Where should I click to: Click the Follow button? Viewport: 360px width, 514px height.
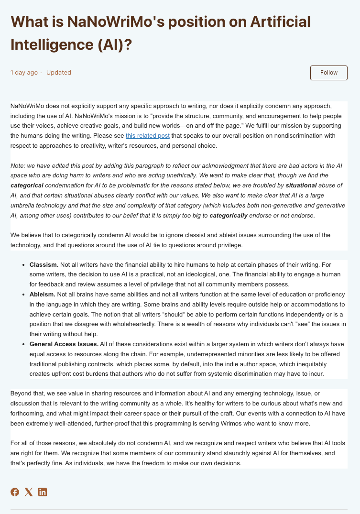(x=328, y=73)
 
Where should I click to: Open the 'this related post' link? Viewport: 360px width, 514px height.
(x=147, y=136)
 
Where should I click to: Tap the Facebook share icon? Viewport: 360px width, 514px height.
(x=15, y=492)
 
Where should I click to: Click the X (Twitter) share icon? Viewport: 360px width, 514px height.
(x=29, y=492)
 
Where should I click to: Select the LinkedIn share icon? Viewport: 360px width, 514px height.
(x=43, y=492)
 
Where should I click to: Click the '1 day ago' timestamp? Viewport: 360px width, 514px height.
(x=24, y=73)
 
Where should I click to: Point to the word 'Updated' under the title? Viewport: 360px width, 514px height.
(x=58, y=73)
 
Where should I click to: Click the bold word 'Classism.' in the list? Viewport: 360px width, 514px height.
(x=44, y=264)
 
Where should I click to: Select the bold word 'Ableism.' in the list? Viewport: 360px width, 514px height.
(x=43, y=295)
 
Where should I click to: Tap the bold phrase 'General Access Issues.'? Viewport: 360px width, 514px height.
(x=64, y=344)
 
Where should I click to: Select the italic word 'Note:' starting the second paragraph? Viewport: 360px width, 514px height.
(x=18, y=165)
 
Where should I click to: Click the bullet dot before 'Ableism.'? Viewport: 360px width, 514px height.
(x=24, y=295)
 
